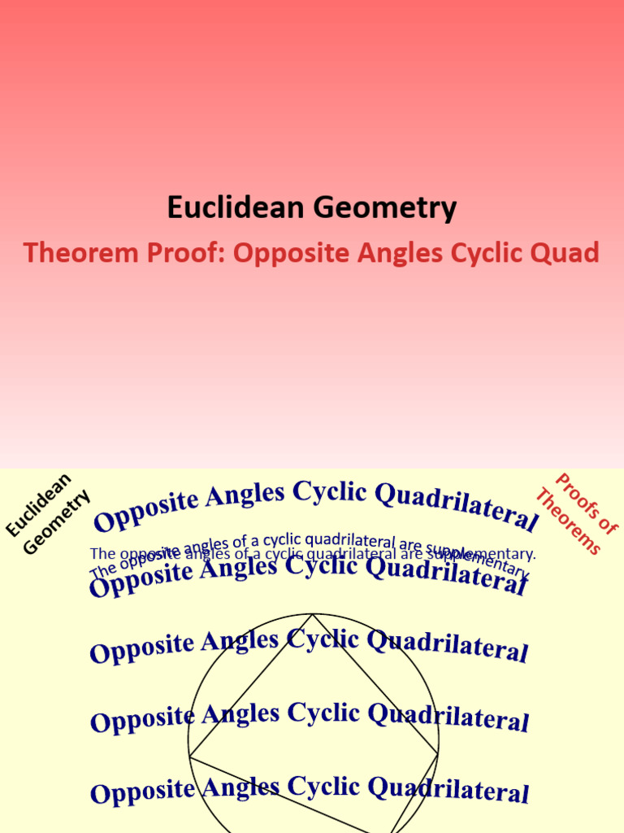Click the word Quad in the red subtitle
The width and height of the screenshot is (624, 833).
[565, 253]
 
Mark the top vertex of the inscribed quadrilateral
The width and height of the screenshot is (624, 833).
[313, 614]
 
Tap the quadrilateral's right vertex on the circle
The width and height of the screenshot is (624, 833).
[438, 754]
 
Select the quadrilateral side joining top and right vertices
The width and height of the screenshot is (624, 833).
[375, 684]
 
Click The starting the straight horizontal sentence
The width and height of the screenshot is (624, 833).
[103, 554]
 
